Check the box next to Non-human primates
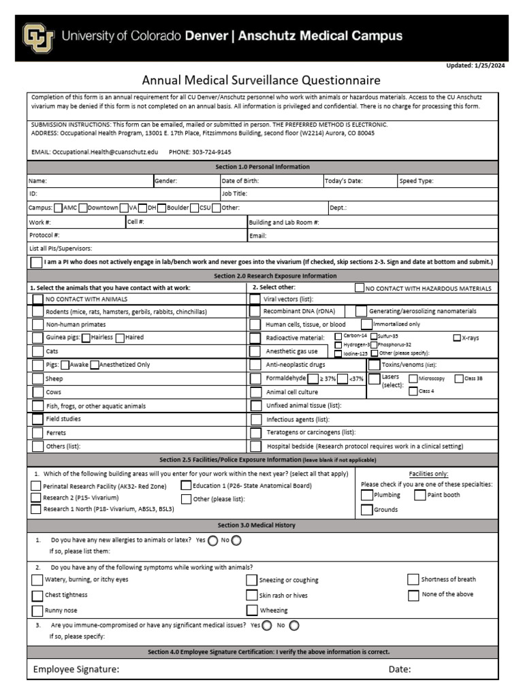click(37, 325)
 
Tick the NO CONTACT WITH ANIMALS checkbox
click(37, 299)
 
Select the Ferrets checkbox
click(37, 433)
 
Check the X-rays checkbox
click(457, 338)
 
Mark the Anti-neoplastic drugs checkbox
click(255, 365)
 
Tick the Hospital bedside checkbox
click(255, 447)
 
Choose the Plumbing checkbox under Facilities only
click(367, 495)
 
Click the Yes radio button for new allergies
click(212, 540)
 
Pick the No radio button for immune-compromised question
click(294, 625)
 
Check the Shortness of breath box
click(413, 579)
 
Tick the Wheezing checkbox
click(252, 610)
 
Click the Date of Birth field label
click(240, 181)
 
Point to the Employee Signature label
click(76, 670)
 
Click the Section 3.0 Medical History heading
click(256, 525)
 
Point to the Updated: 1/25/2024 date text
click(476, 65)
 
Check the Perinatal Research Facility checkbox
click(36, 486)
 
